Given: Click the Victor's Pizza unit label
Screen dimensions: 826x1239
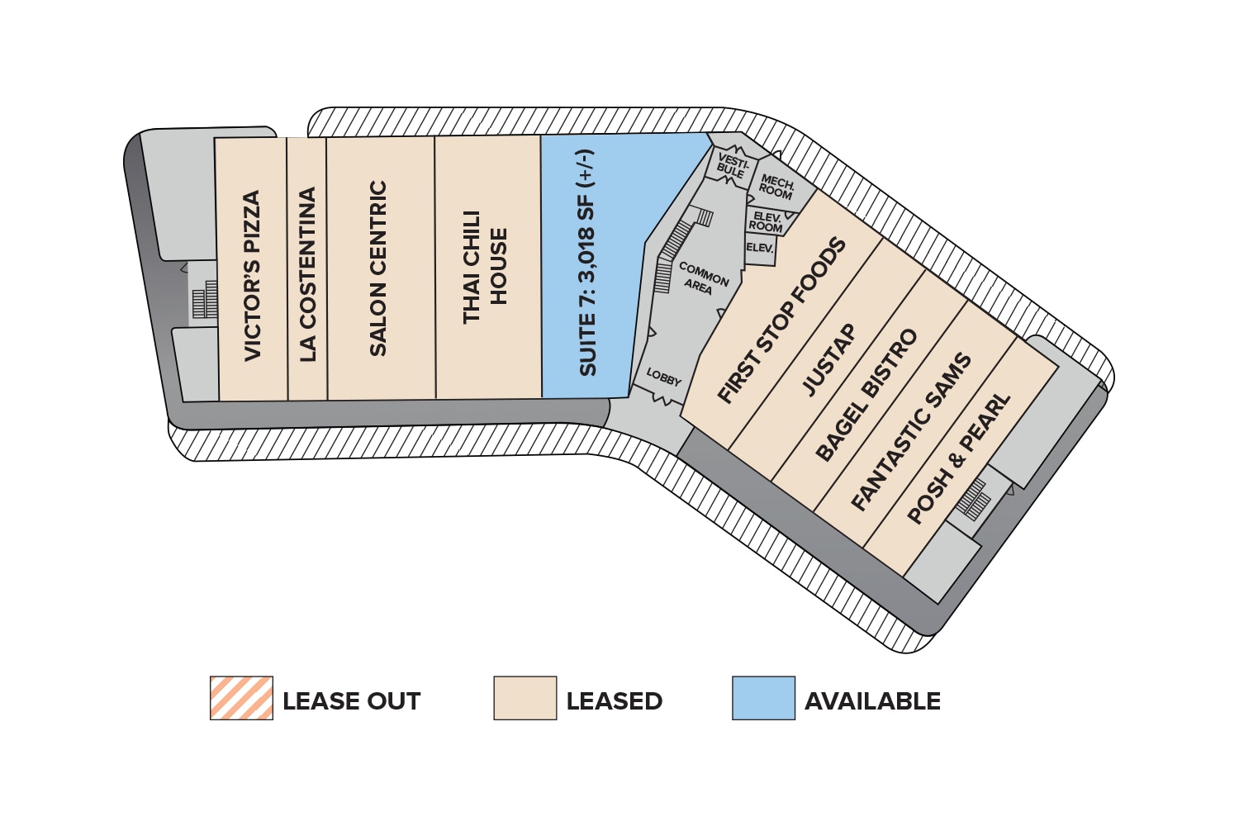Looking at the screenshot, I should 252,276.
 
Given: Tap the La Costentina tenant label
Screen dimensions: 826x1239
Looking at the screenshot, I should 307,274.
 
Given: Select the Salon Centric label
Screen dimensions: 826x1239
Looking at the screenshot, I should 377,268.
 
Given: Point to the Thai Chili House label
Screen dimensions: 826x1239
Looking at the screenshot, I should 485,266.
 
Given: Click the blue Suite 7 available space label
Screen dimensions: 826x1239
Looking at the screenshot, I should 587,263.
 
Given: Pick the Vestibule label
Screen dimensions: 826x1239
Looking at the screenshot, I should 731,165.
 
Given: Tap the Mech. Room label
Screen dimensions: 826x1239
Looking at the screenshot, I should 776,187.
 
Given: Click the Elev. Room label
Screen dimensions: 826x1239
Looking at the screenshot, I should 766,221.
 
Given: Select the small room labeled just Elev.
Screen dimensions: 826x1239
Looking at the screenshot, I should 759,248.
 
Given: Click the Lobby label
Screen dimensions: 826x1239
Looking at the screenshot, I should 663,377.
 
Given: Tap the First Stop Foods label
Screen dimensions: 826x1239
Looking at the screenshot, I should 781,320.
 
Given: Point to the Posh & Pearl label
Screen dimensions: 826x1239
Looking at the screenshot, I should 958,458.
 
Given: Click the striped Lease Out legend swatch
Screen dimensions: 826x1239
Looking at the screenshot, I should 241,698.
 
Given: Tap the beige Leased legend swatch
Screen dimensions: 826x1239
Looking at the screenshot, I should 525,698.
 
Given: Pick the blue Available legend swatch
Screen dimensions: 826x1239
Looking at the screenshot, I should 763,698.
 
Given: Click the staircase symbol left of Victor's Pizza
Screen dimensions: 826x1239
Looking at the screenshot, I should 204,300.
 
